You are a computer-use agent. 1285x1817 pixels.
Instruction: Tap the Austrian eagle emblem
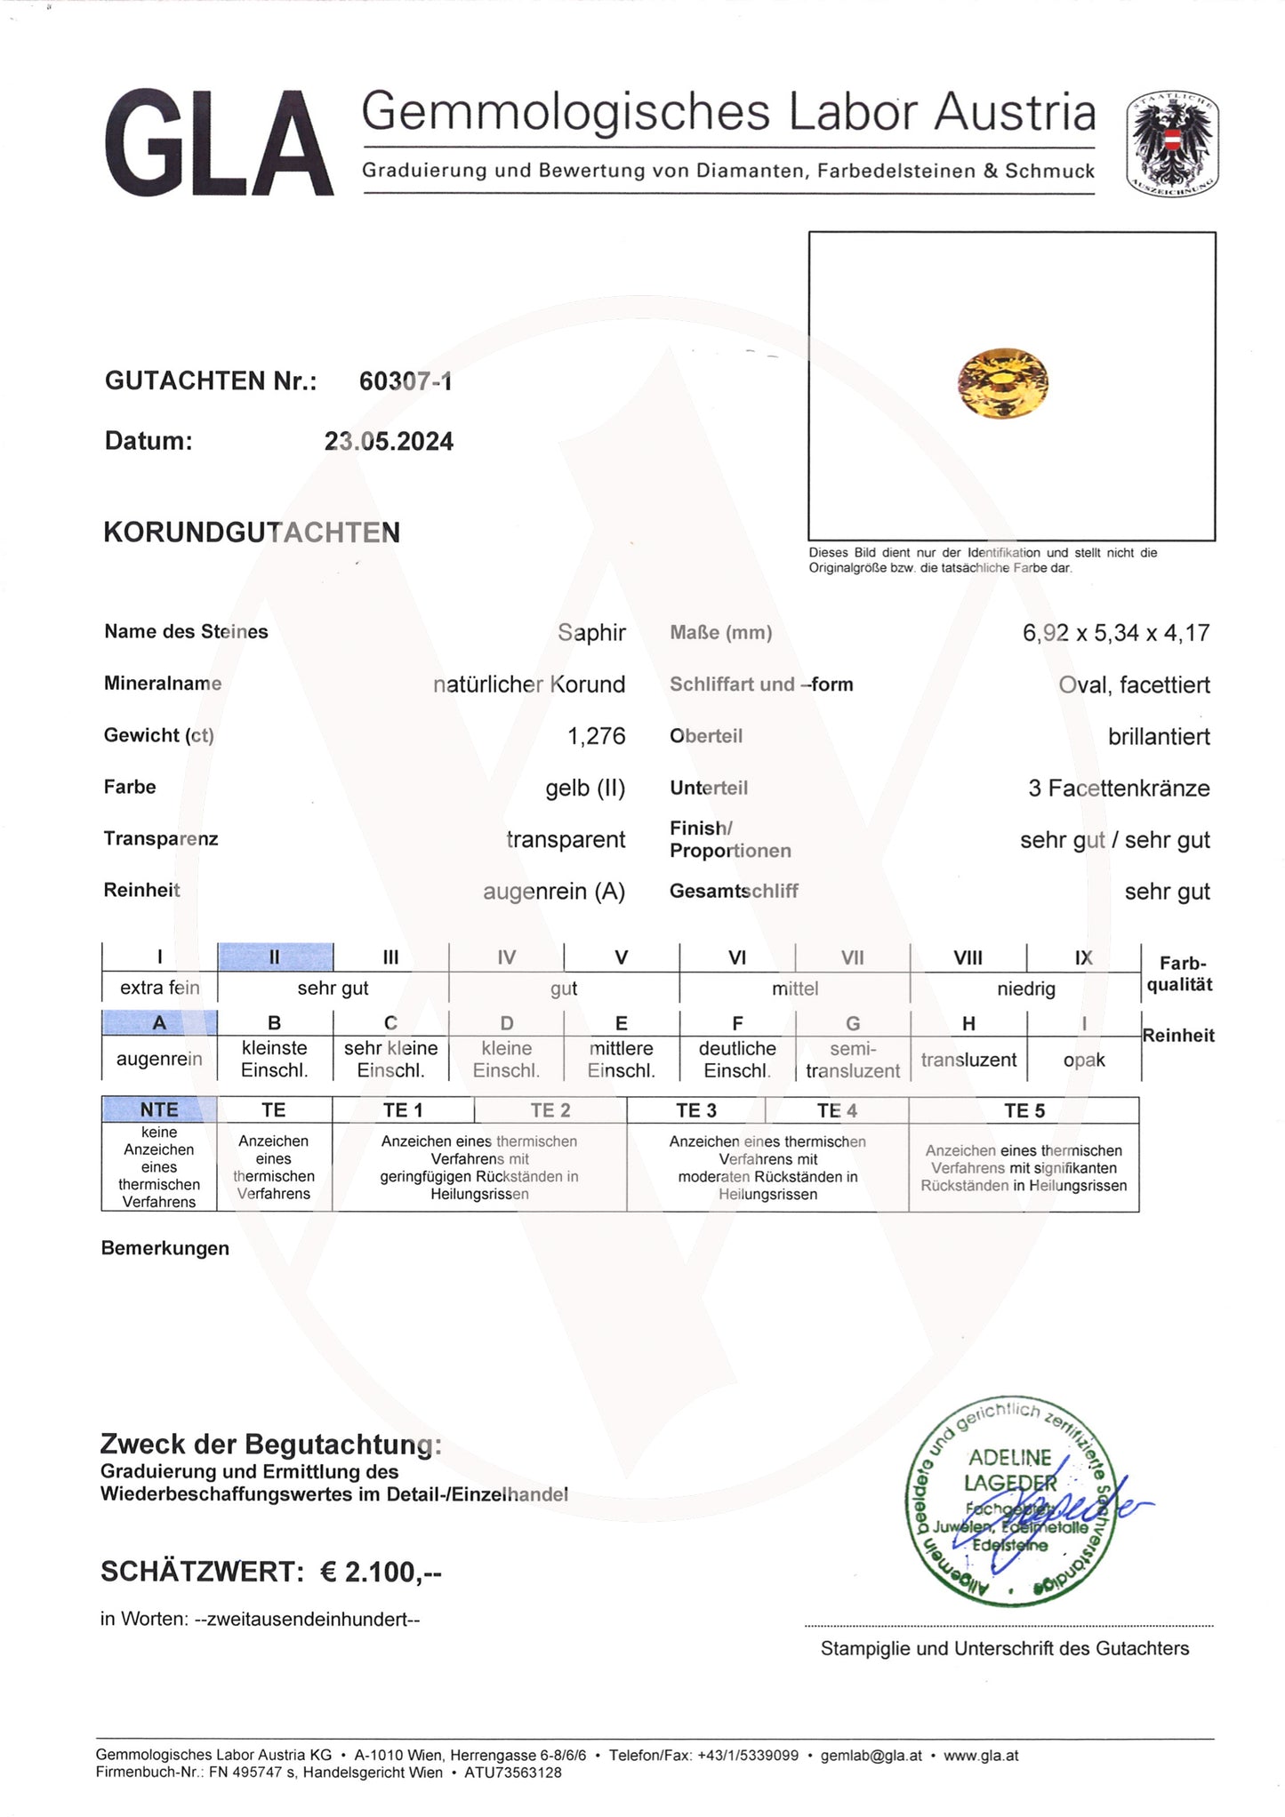coord(1172,144)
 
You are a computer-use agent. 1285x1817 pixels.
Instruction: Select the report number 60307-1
coord(406,381)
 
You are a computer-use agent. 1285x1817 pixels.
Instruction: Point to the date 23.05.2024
coord(389,442)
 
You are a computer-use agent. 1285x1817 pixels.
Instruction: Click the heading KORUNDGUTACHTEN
coord(252,532)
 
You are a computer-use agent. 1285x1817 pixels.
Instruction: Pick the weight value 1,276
coord(596,736)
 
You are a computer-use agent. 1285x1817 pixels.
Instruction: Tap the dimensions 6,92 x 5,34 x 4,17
coord(1116,633)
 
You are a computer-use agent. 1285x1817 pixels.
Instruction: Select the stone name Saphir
coord(591,633)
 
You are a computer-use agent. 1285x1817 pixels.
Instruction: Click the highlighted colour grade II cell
coord(275,957)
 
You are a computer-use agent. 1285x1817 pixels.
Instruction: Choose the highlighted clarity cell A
coord(159,1023)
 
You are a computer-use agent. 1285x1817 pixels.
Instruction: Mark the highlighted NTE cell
coord(159,1109)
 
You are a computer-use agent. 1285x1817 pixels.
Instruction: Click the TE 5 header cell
coord(1024,1110)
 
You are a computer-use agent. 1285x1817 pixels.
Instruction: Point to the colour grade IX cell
coord(1083,957)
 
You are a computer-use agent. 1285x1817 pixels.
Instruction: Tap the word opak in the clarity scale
coord(1084,1060)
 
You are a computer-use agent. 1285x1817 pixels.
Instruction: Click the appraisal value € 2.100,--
coord(381,1572)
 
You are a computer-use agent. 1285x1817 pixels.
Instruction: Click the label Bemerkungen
coord(165,1248)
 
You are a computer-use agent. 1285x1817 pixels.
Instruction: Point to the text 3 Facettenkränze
coord(1119,788)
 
